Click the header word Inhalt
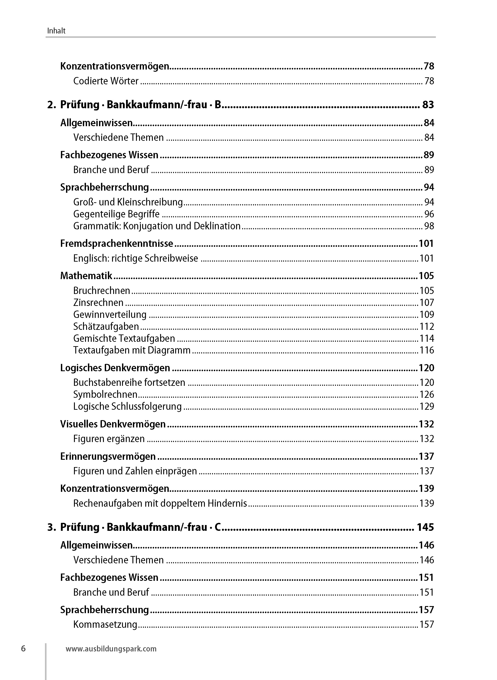56,31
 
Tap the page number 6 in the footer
23,648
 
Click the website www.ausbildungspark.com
111,649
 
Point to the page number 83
428,105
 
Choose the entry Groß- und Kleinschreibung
128,202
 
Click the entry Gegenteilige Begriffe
116,214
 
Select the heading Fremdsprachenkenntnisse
117,243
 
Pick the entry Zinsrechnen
98,302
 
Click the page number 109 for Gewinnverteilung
427,315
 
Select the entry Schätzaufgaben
106,326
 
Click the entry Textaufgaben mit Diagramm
132,350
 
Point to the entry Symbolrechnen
105,394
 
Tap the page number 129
427,406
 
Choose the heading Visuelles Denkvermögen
113,424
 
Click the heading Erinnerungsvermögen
108,456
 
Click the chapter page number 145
425,527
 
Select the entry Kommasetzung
105,624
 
